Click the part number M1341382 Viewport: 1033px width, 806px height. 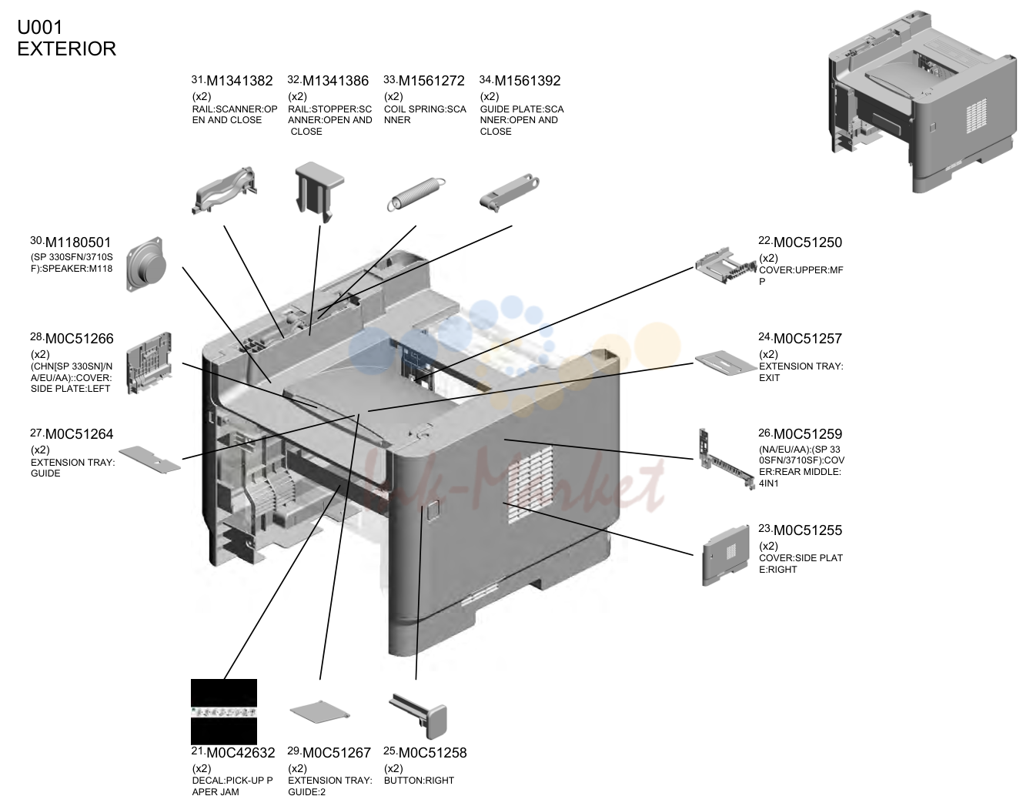coord(239,81)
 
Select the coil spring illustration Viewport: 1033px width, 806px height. coord(416,194)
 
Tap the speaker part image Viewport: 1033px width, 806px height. coord(146,264)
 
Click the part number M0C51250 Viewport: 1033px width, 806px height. coord(807,242)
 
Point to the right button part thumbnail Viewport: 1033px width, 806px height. coord(419,716)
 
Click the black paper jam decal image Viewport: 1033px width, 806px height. coord(224,711)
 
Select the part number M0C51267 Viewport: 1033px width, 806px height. coord(336,753)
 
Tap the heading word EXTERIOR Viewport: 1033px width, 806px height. coord(66,49)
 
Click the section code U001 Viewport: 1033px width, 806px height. coord(40,28)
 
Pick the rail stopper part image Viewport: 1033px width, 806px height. coord(319,191)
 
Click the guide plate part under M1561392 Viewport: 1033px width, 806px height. coord(509,192)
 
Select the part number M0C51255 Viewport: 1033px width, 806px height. coord(807,530)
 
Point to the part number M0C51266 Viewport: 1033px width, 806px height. coord(79,339)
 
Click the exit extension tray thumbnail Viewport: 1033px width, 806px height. coord(725,363)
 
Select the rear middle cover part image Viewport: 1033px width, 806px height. coord(727,459)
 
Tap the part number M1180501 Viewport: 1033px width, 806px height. coord(78,242)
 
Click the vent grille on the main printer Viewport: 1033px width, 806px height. coord(530,483)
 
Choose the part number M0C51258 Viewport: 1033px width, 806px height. coord(433,753)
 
